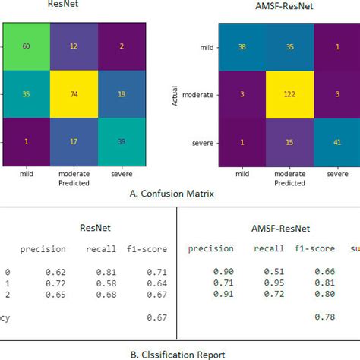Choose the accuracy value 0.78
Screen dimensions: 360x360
(x=323, y=317)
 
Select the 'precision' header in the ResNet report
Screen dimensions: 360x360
(x=43, y=248)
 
